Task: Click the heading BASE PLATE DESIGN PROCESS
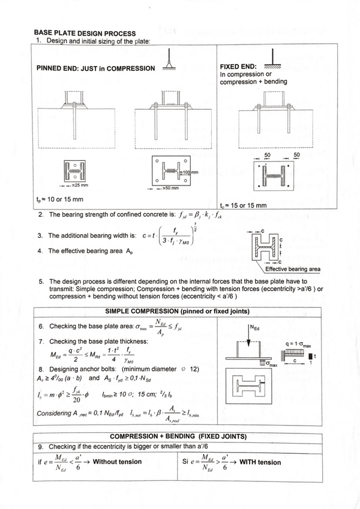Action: [85, 33]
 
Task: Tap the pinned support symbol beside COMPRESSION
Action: [170, 62]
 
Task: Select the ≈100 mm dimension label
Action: [190, 172]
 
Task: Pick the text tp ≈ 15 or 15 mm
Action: [243, 205]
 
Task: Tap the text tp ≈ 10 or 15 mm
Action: [59, 199]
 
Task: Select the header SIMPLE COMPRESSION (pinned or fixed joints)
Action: [178, 311]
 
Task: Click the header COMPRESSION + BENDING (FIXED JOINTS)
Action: [178, 435]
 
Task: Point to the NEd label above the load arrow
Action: [254, 328]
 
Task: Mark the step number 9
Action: [40, 447]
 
